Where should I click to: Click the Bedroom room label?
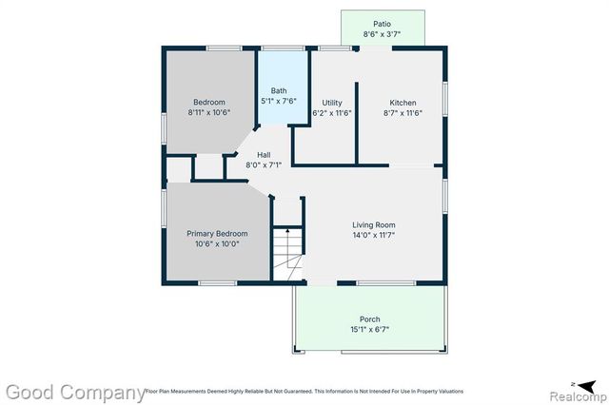pos(208,103)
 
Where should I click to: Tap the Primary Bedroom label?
pos(217,233)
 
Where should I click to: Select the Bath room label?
pos(279,91)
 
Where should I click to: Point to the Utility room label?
pos(332,103)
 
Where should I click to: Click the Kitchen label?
pos(402,103)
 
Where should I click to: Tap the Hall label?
pos(265,154)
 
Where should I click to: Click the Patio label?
pos(382,24)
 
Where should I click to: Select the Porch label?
pos(369,319)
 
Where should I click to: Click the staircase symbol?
pos(286,251)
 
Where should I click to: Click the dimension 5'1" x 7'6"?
pos(279,101)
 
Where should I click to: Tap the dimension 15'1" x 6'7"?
pos(369,330)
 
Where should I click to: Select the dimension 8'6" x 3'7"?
pos(382,34)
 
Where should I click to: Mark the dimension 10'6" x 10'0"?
pos(217,243)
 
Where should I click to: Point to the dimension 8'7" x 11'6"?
pos(402,113)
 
